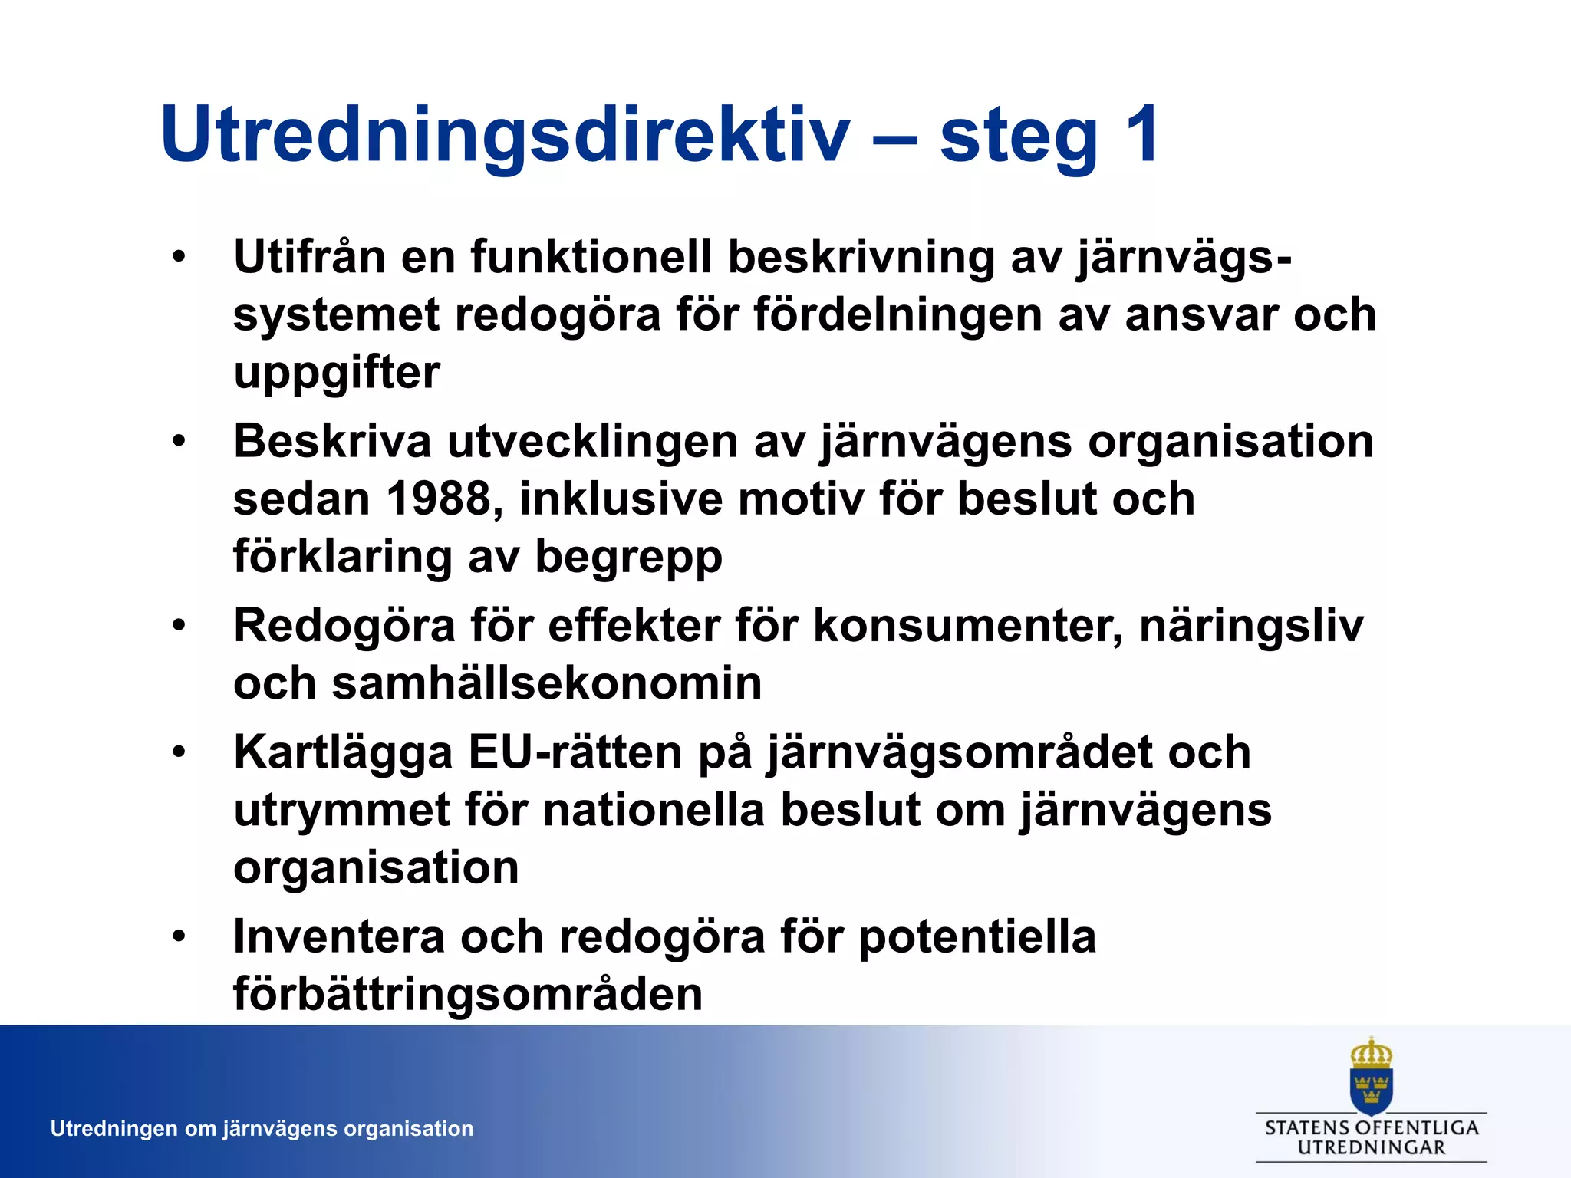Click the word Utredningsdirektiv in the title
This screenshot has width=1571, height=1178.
(506, 135)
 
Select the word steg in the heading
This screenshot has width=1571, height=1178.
(1019, 138)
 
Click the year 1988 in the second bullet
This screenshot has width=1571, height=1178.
(438, 499)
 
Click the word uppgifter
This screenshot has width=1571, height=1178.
(337, 373)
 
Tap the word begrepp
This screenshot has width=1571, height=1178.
(628, 558)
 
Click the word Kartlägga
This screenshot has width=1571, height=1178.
(343, 753)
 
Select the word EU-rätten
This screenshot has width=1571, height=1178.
(575, 752)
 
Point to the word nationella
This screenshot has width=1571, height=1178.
(654, 810)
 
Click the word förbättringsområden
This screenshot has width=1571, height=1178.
(468, 995)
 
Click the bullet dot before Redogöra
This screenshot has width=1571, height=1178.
(179, 626)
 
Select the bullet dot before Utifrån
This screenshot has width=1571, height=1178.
(179, 257)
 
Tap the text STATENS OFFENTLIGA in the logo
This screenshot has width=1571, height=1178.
(1371, 1127)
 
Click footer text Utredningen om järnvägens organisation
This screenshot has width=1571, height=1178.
(262, 1129)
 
